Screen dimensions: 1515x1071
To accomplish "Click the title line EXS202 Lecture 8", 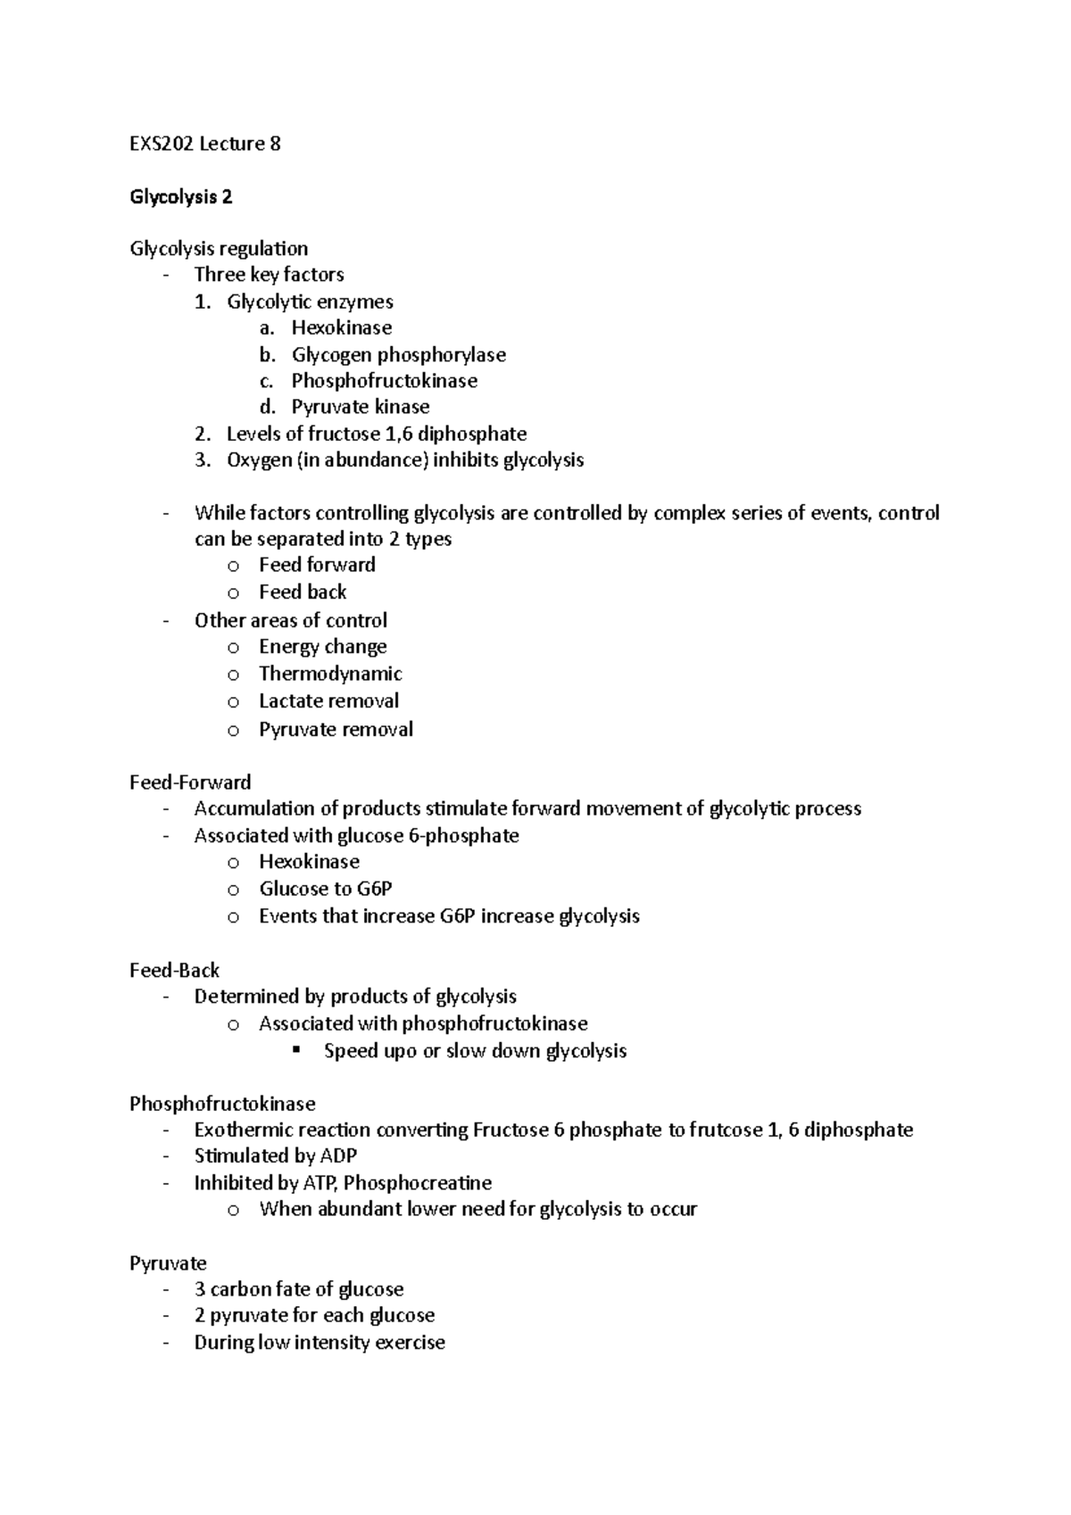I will coord(205,144).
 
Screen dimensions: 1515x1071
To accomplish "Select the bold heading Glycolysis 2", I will coord(181,197).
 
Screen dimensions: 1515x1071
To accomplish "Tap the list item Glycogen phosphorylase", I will coord(398,355).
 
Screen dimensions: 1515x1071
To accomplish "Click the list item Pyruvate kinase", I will coord(360,407).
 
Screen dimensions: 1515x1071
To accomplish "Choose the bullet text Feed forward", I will coord(317,565).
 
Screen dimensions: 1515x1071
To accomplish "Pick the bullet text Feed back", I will coord(303,592).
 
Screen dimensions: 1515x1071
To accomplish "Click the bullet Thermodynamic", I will coord(330,674).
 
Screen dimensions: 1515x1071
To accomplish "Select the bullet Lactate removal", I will coord(328,701).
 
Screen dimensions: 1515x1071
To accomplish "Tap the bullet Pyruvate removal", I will coord(336,730).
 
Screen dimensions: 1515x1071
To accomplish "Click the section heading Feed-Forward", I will coord(190,782).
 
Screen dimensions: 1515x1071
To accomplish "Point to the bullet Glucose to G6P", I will coord(326,889).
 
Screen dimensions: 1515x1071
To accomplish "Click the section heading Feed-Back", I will coord(175,970).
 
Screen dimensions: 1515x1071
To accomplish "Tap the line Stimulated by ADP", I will coord(275,1156).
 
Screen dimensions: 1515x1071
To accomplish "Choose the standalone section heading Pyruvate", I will coord(168,1263).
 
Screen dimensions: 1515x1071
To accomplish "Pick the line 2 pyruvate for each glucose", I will coord(314,1316).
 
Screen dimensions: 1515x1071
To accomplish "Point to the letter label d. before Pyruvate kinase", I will coord(267,408).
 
